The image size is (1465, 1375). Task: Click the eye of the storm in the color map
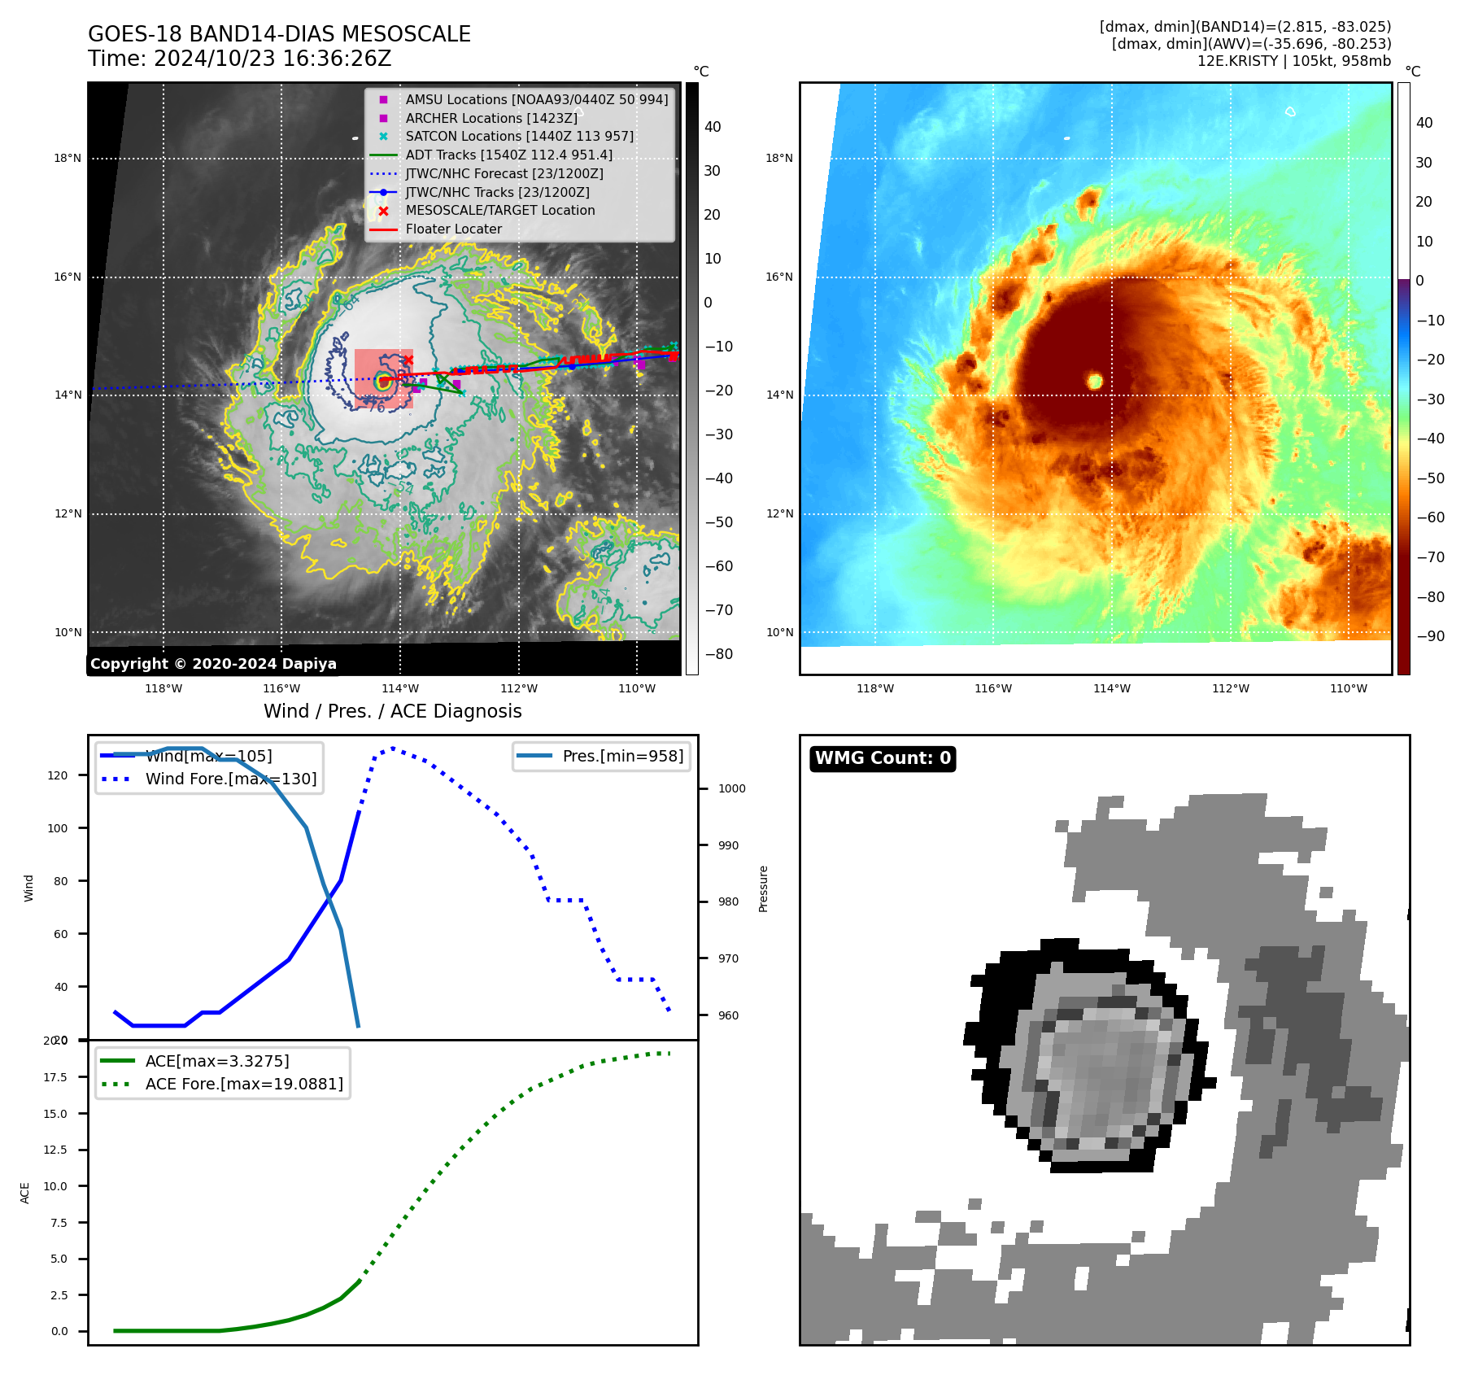1095,381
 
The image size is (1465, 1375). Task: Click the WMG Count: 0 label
883,758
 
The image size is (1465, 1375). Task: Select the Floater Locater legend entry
453,229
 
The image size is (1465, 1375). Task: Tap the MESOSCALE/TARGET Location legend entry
499,211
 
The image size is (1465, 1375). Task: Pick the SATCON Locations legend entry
519,137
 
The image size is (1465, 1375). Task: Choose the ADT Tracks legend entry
508,155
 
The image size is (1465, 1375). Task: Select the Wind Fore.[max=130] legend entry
230,779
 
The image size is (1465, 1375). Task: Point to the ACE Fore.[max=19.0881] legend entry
243,1085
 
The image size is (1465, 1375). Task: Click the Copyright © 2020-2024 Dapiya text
213,664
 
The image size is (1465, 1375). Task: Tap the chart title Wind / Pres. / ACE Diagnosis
392,711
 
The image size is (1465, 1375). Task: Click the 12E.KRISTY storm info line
1293,61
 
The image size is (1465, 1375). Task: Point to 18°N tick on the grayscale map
68,159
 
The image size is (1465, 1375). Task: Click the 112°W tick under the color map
1230,689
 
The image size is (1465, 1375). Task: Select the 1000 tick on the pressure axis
731,788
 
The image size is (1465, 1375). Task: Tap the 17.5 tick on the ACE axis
55,1077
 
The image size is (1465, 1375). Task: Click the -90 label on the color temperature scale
1430,636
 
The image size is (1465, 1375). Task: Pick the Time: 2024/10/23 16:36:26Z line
239,59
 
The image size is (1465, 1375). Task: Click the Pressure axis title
764,888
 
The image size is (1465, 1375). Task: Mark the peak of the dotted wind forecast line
393,748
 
